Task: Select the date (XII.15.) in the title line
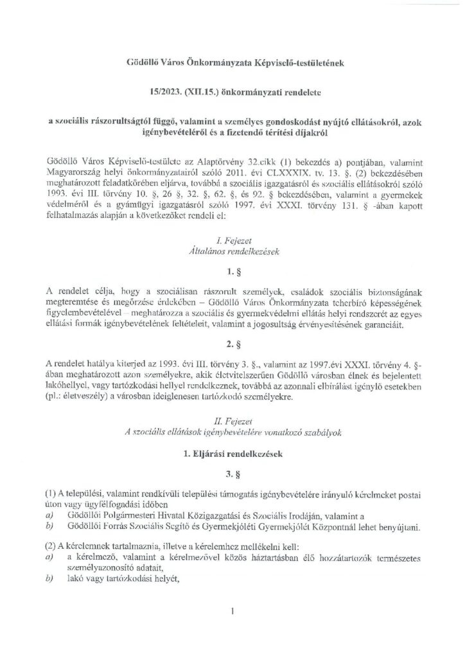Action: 202,93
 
